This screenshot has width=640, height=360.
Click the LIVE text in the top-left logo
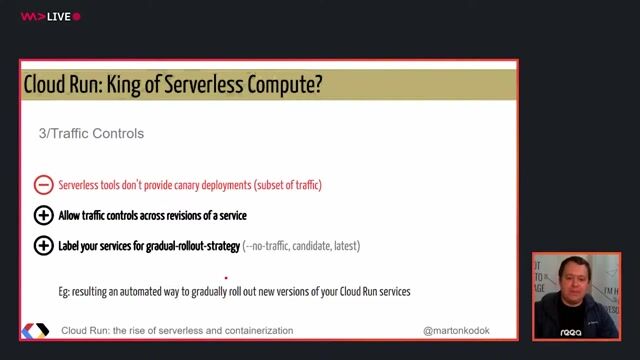click(58, 16)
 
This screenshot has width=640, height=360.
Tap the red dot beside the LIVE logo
click(77, 16)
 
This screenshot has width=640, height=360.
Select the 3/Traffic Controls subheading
click(91, 133)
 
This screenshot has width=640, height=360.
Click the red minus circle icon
click(43, 185)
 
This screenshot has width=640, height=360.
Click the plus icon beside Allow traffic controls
click(43, 215)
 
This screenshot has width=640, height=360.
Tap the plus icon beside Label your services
click(43, 245)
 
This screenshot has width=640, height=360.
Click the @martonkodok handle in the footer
click(457, 330)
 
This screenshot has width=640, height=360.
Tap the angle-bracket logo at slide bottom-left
click(35, 330)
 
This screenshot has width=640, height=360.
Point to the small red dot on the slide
click(226, 278)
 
